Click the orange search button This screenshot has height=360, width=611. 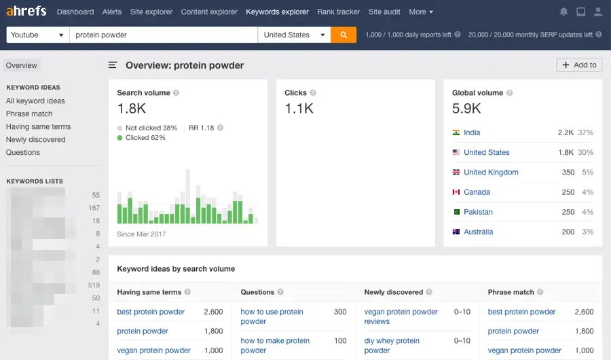pos(344,35)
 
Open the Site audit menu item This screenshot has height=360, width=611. pos(384,12)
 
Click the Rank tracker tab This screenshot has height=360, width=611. pos(338,12)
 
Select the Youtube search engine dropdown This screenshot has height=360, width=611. pos(38,35)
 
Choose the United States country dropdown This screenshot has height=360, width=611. pos(294,35)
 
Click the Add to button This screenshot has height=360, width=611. pos(579,65)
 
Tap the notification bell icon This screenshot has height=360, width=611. pos(563,12)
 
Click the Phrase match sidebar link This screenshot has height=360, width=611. pos(29,113)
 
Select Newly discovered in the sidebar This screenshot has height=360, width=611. pos(36,139)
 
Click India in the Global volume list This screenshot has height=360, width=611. pos(472,132)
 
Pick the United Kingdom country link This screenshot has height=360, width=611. pos(491,173)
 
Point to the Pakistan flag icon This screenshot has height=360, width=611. pos(456,212)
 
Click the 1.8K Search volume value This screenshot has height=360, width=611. pos(131,108)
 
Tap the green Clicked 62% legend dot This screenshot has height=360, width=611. pos(120,137)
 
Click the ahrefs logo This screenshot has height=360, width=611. pos(26,12)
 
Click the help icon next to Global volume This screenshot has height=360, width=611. pos(510,93)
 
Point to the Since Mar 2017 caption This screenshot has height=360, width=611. pos(141,234)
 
